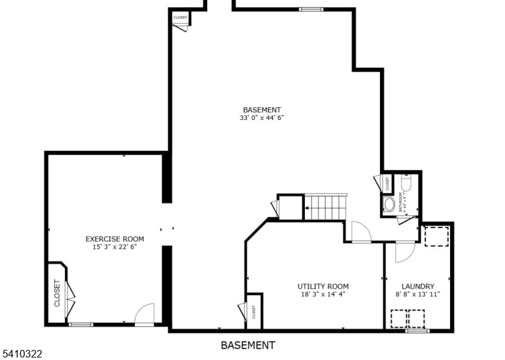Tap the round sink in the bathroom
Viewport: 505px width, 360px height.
pos(389,204)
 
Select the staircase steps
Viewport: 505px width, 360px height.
pos(326,207)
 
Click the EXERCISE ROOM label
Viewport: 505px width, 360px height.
pos(115,239)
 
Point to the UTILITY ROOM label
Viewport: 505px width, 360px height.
pos(323,286)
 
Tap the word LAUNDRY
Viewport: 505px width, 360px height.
pos(418,286)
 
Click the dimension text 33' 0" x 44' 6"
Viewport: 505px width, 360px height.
pos(262,117)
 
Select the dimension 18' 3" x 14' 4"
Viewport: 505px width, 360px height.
pos(323,294)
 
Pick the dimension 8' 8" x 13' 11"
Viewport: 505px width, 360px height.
pos(418,294)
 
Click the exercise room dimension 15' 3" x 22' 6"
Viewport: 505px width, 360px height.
pos(115,246)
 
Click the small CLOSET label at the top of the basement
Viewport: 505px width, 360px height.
pos(181,17)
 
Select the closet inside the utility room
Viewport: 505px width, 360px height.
pos(254,311)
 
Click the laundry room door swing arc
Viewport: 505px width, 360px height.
pos(403,251)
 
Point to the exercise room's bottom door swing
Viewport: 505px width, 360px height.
pos(145,313)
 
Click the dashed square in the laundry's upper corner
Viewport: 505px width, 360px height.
pos(435,236)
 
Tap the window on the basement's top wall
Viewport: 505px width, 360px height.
pos(310,9)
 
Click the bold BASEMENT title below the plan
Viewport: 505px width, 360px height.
pos(248,345)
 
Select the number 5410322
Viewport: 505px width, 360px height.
pos(21,354)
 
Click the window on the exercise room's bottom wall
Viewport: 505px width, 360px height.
pos(81,325)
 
